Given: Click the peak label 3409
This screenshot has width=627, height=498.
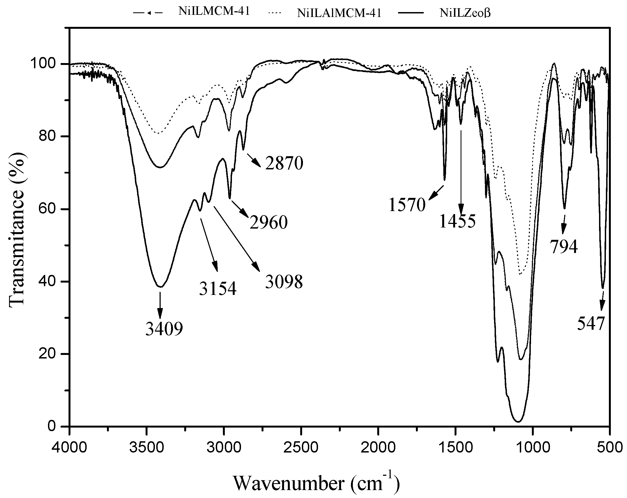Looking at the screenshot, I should click(x=164, y=329).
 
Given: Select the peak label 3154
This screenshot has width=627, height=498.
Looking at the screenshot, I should click(x=218, y=289).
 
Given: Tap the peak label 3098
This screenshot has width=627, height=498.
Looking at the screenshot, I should click(x=284, y=282).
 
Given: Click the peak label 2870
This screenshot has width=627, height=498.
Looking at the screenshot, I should click(x=284, y=163).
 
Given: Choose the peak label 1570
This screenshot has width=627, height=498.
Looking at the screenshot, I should click(x=407, y=205).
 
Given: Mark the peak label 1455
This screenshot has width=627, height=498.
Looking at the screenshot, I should click(x=458, y=221).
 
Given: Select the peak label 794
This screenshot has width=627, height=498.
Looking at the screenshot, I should click(x=563, y=247).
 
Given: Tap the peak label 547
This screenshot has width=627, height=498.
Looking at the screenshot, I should click(x=591, y=323).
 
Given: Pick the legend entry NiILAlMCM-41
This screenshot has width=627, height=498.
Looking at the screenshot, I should click(x=339, y=13).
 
